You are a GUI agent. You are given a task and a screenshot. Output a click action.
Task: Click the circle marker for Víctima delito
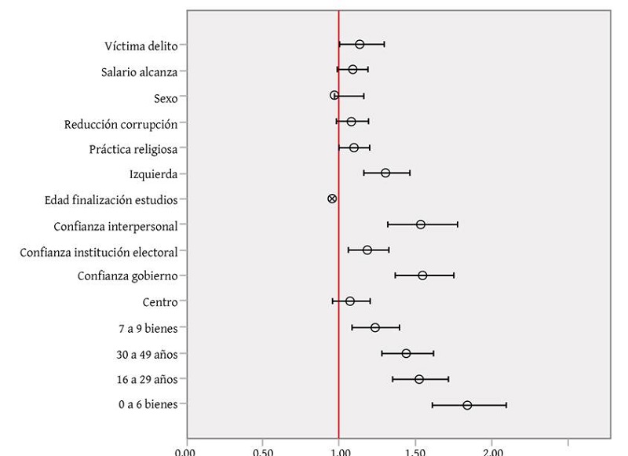[360, 45]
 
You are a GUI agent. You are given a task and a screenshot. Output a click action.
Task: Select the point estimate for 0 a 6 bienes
[467, 405]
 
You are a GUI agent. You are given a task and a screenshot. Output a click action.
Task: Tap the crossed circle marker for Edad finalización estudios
[332, 199]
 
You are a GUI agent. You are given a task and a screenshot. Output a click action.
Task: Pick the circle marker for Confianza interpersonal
[421, 224]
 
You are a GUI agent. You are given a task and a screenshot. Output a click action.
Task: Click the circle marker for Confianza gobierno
[422, 275]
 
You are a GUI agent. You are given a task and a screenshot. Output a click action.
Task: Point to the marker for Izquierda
[385, 173]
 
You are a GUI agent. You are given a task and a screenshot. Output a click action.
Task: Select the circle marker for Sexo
[334, 95]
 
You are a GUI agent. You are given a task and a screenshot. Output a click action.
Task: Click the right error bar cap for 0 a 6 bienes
[506, 405]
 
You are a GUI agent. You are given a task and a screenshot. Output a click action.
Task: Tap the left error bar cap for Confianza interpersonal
[388, 224]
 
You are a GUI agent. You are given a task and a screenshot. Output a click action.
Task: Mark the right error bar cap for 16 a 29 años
[448, 379]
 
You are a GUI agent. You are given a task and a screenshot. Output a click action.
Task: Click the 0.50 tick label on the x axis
[263, 451]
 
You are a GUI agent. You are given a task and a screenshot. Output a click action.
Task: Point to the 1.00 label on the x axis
[339, 451]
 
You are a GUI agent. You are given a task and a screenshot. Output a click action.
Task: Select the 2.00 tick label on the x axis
[492, 451]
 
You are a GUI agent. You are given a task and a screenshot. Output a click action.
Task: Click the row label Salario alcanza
[139, 71]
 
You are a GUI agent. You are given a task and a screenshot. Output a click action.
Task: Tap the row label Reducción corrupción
[121, 122]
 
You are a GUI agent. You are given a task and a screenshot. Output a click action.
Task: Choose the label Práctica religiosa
[133, 148]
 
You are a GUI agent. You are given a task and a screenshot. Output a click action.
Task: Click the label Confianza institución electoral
[98, 251]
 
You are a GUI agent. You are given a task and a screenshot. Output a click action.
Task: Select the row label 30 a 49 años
[147, 354]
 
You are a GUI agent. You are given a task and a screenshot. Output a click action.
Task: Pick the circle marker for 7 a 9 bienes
[375, 327]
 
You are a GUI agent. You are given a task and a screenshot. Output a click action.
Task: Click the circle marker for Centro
[350, 301]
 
